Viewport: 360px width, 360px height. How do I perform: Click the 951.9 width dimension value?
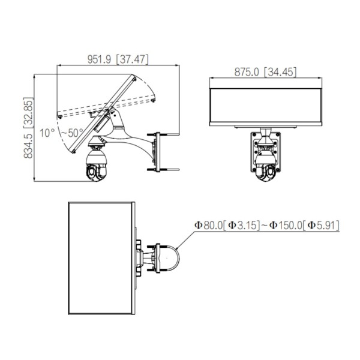point(99,59)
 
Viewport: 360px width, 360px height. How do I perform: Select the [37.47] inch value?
point(132,59)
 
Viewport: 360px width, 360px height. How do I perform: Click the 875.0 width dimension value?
point(247,72)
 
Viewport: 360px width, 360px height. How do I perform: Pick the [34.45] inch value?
point(280,72)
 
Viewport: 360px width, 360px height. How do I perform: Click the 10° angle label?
point(47,133)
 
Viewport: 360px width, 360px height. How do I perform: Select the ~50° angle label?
point(73,133)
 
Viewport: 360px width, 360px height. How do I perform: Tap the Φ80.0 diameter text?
point(209,225)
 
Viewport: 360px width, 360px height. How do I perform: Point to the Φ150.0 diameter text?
point(286,225)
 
